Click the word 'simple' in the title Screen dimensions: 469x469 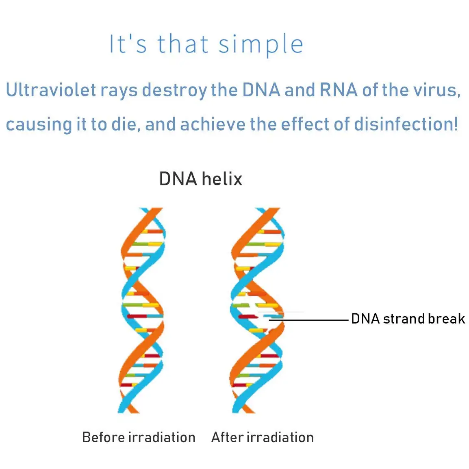point(261,45)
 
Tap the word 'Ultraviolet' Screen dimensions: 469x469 point(51,90)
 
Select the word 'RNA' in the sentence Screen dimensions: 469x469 point(338,90)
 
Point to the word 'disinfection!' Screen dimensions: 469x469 point(406,124)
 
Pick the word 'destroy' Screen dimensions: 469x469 point(174,91)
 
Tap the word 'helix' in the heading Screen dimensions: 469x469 point(222,179)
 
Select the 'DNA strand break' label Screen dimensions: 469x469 point(408,319)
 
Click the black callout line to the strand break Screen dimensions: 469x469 point(309,320)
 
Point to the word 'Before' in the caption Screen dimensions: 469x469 point(104,437)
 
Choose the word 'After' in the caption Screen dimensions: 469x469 point(227,437)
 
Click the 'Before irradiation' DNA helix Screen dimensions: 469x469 point(142,310)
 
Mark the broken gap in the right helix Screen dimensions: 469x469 point(263,317)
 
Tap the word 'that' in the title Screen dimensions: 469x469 point(183,44)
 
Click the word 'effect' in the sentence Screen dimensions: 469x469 point(305,124)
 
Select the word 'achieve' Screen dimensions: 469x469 point(213,124)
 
